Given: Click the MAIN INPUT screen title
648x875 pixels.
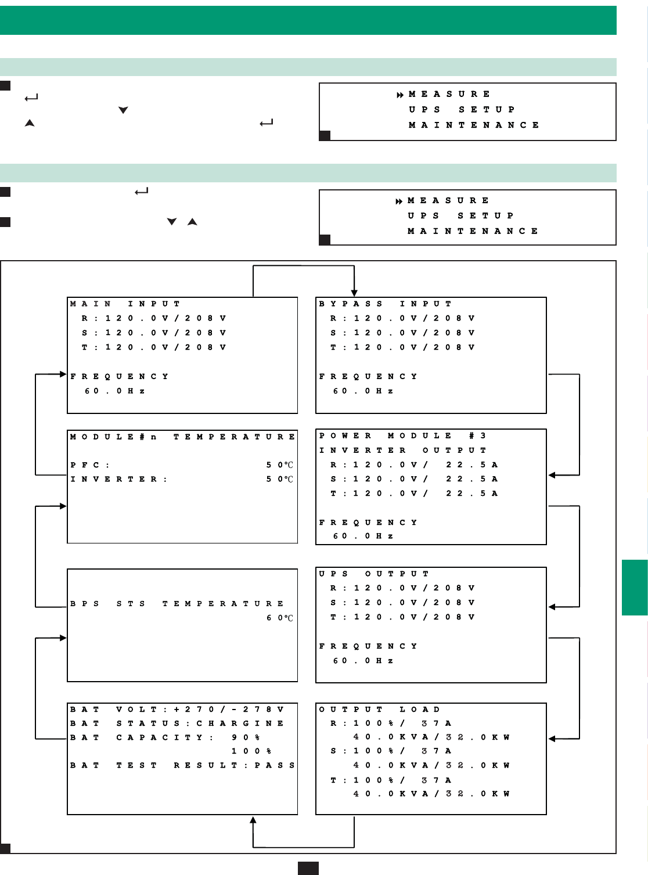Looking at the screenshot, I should (125, 304).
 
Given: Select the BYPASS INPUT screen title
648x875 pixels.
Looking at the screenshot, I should (385, 304).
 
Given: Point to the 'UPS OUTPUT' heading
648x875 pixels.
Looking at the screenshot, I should (373, 574).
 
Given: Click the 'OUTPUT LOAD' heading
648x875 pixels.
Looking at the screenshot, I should (379, 710).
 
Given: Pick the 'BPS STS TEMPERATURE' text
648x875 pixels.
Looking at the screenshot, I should (177, 604).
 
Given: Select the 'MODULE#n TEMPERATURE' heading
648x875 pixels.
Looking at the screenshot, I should (182, 437).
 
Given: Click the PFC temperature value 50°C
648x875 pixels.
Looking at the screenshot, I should (280, 465).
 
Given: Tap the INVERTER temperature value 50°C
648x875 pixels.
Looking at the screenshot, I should (280, 480).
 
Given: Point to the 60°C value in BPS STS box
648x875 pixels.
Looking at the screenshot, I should (280, 618).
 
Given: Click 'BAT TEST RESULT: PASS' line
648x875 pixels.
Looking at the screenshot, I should (182, 765).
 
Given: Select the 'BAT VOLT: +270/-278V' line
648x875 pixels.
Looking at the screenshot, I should (177, 710).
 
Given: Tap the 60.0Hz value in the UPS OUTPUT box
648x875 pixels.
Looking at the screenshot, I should (363, 661).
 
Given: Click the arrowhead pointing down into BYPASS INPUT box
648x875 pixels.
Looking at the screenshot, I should (354, 293).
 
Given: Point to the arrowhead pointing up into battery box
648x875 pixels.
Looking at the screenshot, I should (253, 819).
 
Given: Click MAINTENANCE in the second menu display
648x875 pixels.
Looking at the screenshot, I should (473, 231).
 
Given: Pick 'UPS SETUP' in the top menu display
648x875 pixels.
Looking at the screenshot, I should (462, 109).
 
